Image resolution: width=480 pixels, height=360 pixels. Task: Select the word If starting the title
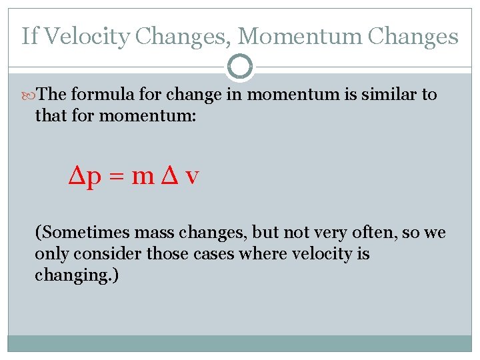(x=29, y=36)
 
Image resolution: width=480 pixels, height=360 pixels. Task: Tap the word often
(x=371, y=233)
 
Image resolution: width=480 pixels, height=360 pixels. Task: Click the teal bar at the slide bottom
(x=240, y=343)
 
